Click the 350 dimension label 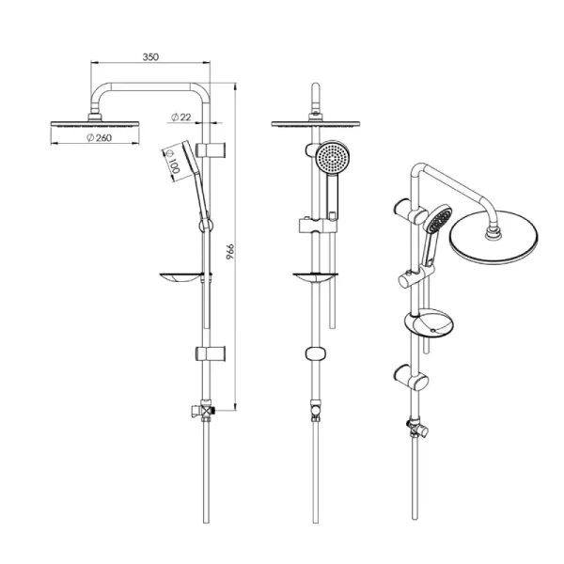coord(150,56)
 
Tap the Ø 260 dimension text coord(100,137)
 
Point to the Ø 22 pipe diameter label coord(181,117)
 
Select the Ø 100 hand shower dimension coord(173,162)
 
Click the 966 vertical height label coord(230,251)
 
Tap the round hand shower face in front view coord(333,157)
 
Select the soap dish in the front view coord(316,277)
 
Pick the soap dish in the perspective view coord(429,322)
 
